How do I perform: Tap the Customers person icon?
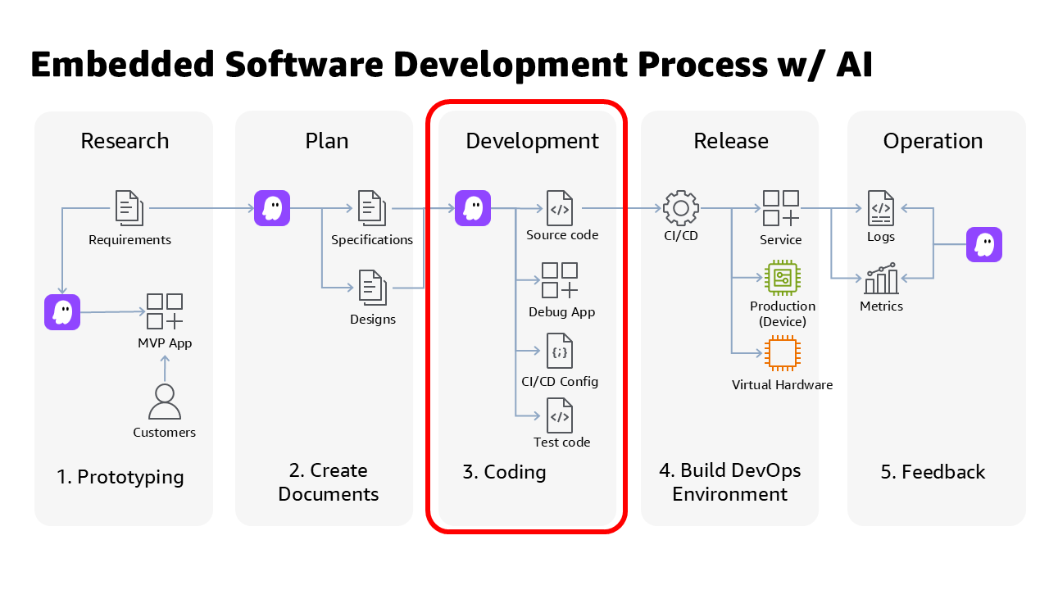165,402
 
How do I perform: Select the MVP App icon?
165,311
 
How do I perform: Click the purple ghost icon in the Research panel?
62,312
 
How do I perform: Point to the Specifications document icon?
372,208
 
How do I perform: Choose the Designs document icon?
372,288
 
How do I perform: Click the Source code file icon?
561,208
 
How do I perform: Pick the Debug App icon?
561,280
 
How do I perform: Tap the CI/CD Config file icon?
561,351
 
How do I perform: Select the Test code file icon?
561,415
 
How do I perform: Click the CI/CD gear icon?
680,208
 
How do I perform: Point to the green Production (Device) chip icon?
782,278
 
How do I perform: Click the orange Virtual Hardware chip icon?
782,353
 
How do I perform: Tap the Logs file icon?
881,208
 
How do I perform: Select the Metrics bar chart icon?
881,279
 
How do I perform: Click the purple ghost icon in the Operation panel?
984,245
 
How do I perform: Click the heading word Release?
731,141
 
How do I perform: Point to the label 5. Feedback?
933,472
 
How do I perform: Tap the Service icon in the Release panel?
781,208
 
